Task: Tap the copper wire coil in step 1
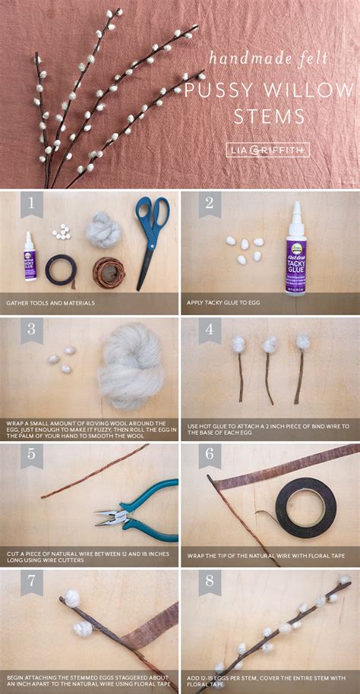[x=109, y=271]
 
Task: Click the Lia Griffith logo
[x=267, y=150]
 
